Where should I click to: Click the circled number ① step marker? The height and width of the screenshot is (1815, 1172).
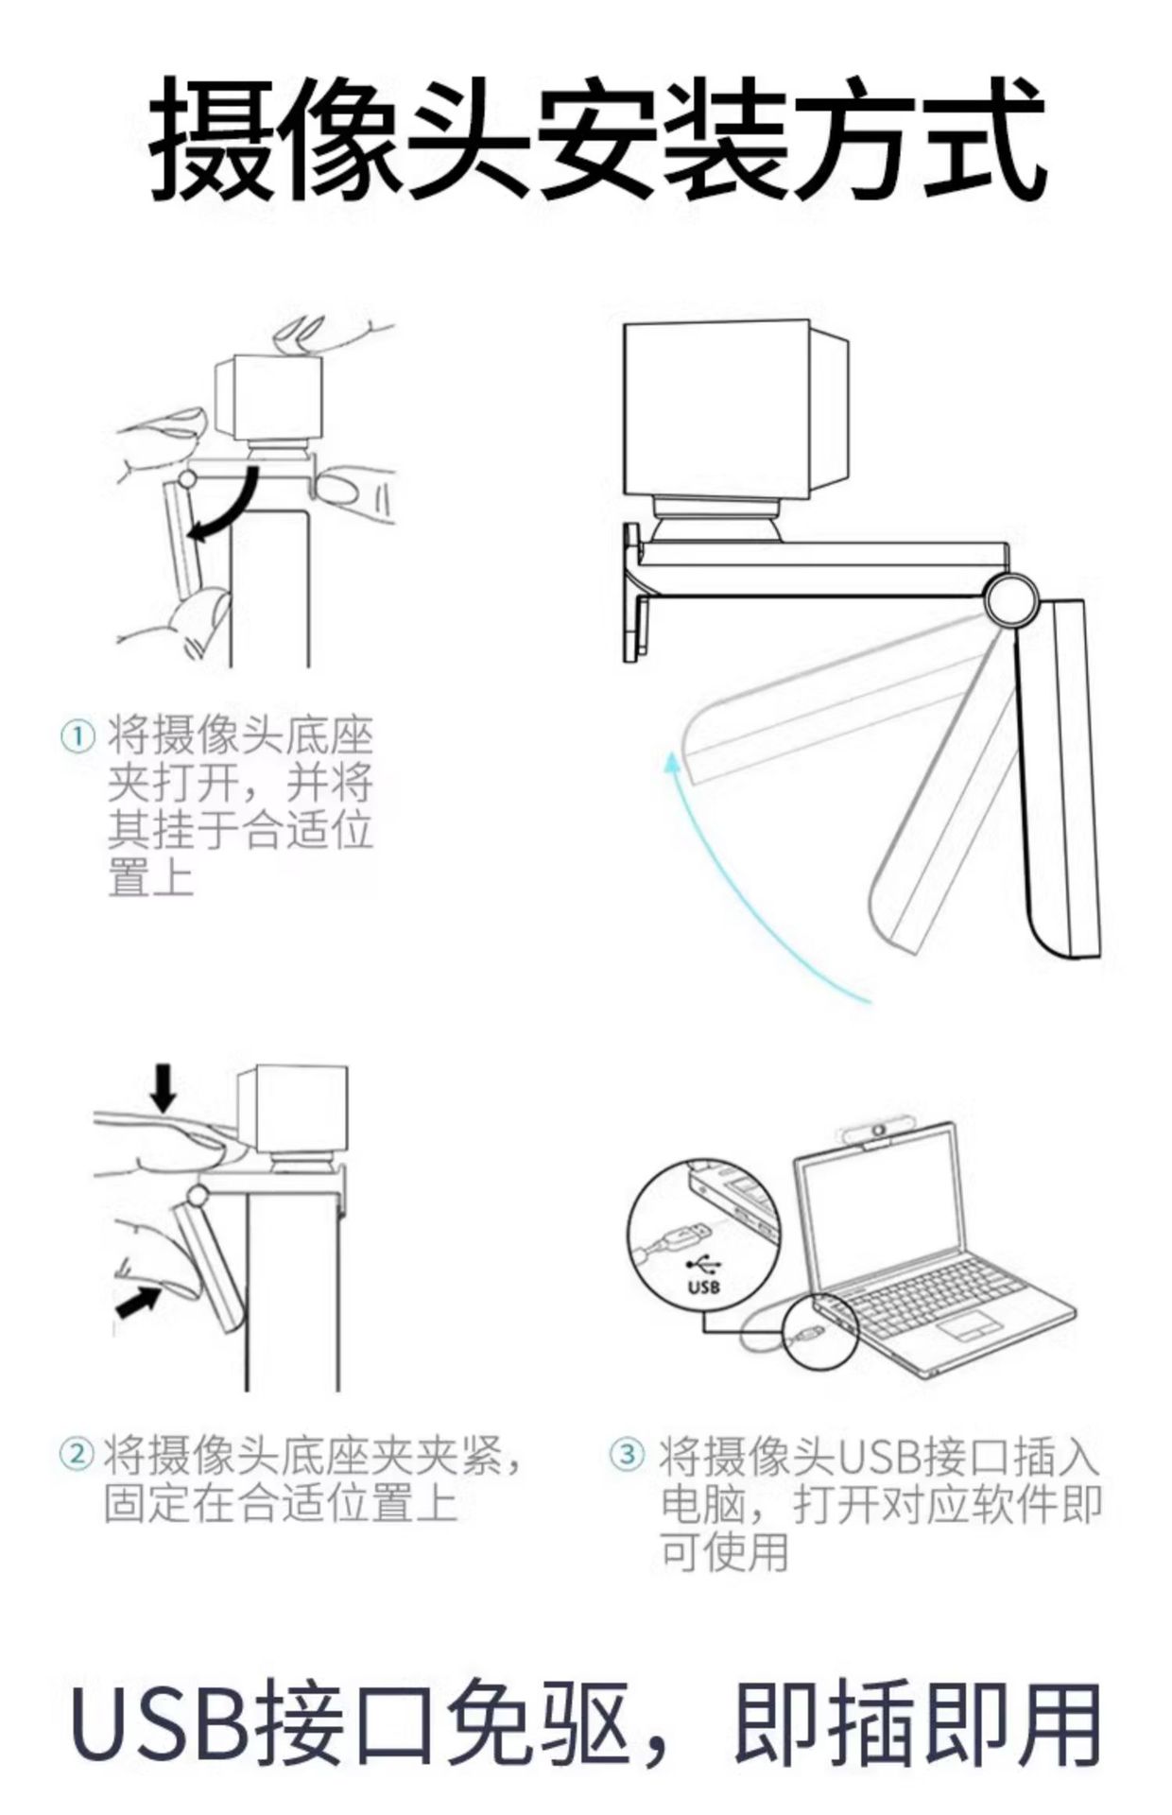click(78, 736)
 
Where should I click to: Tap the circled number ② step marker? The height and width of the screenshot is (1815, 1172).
click(77, 1454)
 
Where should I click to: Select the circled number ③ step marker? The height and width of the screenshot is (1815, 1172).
click(627, 1454)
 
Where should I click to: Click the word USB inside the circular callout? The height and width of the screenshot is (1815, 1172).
click(704, 1287)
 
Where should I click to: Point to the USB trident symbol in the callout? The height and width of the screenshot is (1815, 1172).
click(704, 1263)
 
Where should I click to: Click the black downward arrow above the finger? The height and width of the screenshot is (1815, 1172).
click(164, 1088)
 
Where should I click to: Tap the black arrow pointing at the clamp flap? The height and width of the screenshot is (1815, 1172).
click(137, 1302)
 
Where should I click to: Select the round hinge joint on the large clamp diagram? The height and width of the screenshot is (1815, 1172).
click(1009, 599)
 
